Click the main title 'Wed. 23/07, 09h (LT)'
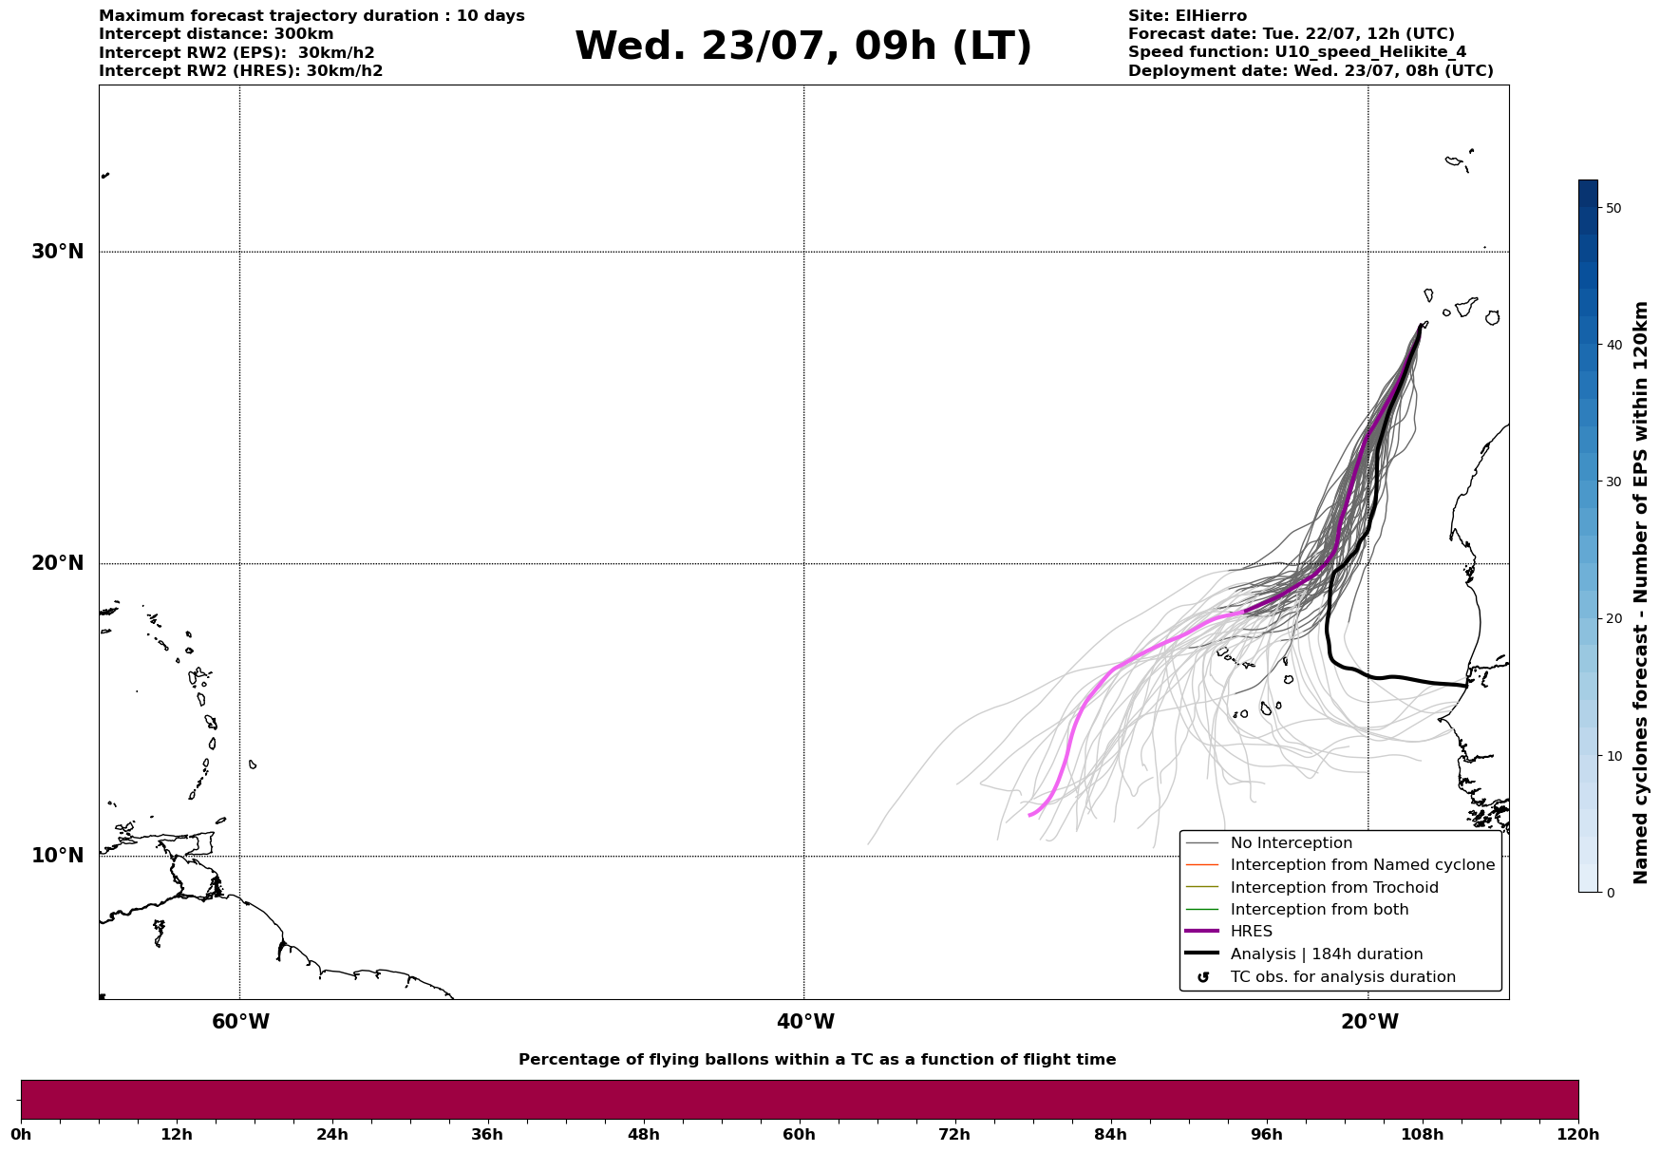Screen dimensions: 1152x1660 coord(802,47)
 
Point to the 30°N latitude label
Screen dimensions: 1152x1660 coord(57,252)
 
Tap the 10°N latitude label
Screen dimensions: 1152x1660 coord(57,856)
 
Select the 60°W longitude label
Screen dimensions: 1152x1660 coord(240,1022)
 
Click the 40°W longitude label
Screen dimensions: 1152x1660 coord(805,1022)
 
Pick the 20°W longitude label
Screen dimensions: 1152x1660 coord(1369,1022)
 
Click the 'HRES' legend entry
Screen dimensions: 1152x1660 coord(1251,932)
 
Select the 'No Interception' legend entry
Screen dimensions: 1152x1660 coord(1291,843)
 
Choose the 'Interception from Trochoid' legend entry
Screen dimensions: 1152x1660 coord(1333,888)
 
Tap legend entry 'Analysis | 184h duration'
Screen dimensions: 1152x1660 coord(1326,954)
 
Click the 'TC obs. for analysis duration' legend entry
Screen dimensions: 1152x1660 coord(1342,977)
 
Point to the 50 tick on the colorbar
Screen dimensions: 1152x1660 coord(1613,208)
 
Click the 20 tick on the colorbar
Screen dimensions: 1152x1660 coord(1613,619)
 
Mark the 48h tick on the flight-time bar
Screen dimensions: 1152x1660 coord(643,1134)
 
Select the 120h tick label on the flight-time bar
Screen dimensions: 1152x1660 coord(1578,1134)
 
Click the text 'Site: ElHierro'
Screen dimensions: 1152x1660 coord(1187,16)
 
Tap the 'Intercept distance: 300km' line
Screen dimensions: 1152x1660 coord(216,34)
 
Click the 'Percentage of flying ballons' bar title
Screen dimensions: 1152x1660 coord(817,1060)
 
